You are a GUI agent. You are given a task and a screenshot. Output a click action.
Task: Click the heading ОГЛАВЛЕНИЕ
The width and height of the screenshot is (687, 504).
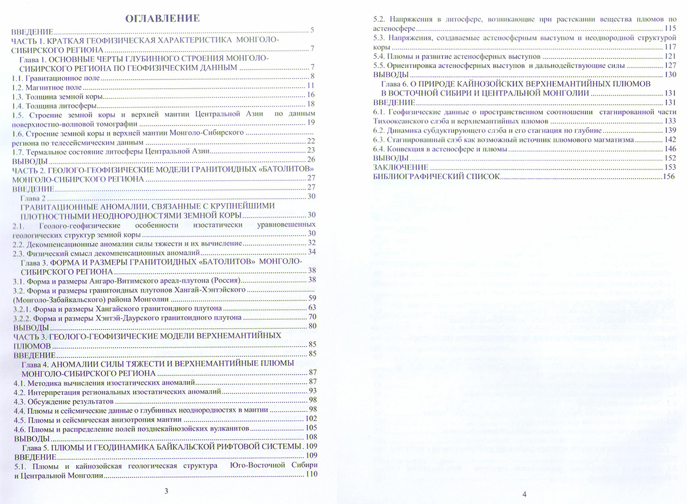click(x=163, y=18)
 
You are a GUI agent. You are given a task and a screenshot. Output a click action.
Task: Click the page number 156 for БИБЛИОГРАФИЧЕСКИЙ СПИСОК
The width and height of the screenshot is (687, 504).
click(x=669, y=178)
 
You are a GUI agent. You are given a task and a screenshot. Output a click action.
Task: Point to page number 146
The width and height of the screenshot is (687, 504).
click(x=670, y=148)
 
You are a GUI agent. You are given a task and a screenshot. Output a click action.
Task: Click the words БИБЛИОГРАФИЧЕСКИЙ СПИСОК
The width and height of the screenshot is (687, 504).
click(x=436, y=177)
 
